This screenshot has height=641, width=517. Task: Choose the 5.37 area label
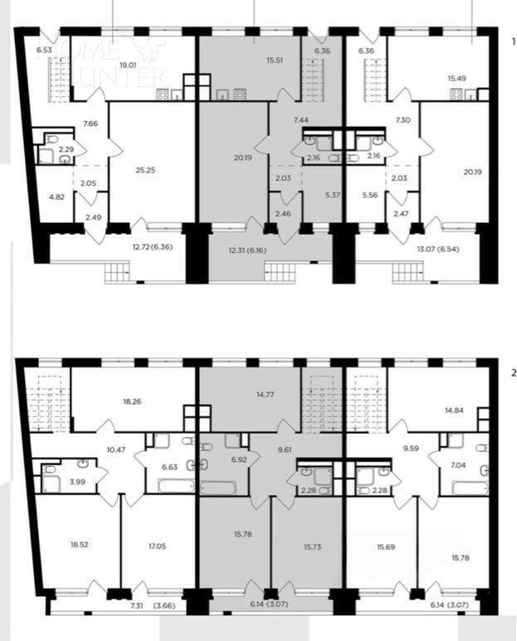click(x=332, y=196)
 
